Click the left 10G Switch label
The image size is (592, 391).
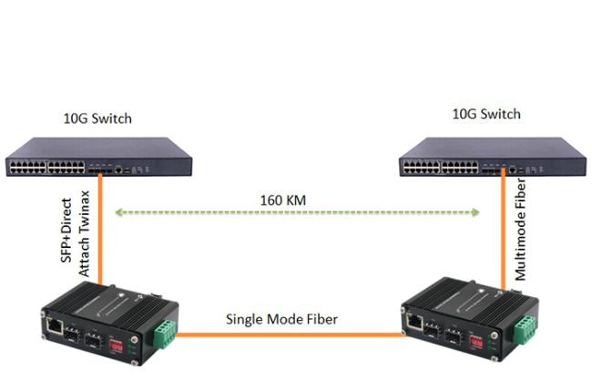coord(97,118)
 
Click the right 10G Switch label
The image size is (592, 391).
coord(486,114)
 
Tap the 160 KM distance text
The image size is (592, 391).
coord(283,201)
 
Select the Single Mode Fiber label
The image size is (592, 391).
coord(281,319)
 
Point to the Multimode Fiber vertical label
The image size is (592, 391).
coord(521,230)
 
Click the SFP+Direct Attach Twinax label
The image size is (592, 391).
coord(75,233)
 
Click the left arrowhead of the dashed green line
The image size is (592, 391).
coord(118,212)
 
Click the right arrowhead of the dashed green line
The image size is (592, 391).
coord(475,212)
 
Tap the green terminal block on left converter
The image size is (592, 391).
coord(165,334)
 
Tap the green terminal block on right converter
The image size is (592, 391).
coord(525,329)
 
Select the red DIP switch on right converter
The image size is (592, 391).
coord(475,342)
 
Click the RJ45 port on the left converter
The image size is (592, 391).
coord(55,326)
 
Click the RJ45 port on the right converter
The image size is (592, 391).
coord(415,322)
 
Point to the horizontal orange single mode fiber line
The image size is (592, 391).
coord(289,334)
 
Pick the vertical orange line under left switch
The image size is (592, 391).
coord(100,229)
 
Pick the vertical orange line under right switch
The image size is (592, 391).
coord(504,230)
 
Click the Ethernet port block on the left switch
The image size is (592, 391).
coord(46,168)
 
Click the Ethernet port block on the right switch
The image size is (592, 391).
coord(441,167)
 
